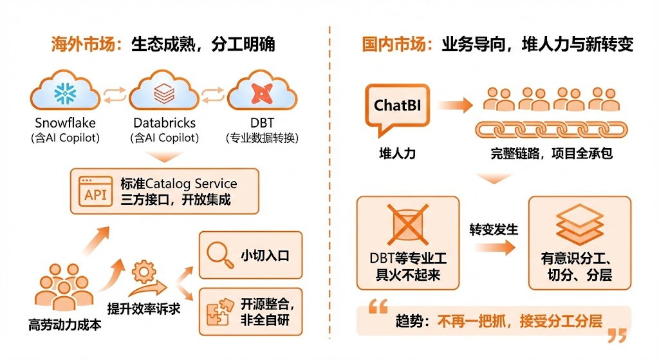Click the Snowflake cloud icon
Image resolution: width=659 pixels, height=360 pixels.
click(64, 93)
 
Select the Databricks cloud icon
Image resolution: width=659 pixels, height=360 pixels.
click(163, 93)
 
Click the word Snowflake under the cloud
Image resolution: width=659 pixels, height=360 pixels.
click(64, 122)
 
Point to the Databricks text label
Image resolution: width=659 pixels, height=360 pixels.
click(164, 122)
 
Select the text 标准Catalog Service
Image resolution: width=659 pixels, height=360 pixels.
click(178, 184)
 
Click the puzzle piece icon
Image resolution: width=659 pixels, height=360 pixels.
click(219, 311)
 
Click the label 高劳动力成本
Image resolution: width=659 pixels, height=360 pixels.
click(65, 325)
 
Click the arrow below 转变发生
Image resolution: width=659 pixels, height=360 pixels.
click(492, 247)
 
